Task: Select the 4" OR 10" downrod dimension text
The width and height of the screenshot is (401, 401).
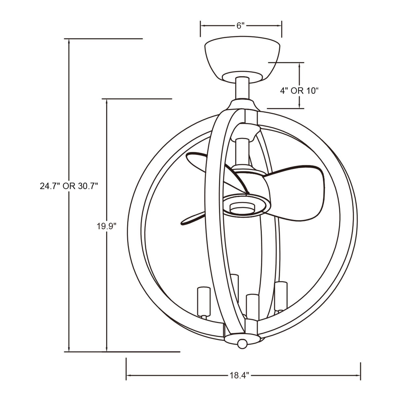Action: click(299, 91)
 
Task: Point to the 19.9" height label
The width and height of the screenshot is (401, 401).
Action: click(107, 226)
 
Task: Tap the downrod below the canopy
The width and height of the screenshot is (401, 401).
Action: click(242, 88)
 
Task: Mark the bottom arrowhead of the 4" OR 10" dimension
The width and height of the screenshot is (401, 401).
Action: click(299, 106)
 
